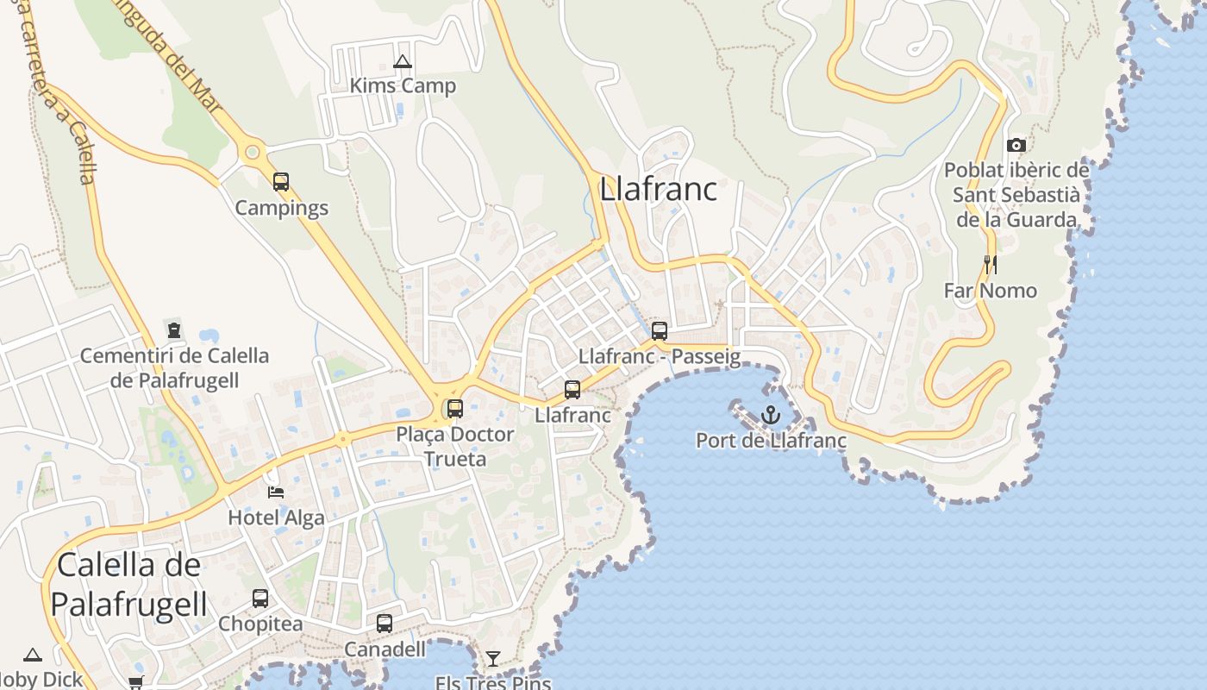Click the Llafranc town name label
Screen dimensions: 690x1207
658,189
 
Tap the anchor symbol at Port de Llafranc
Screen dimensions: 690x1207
771,416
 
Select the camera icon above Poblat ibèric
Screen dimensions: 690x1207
1016,145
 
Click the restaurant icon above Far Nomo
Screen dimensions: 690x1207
991,264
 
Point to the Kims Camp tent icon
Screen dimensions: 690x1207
402,61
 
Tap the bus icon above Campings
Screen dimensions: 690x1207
281,182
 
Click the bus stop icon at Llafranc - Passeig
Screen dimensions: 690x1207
660,330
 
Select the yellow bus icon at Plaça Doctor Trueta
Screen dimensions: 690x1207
454,408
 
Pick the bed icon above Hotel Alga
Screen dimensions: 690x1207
276,492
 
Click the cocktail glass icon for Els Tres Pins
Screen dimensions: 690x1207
492,659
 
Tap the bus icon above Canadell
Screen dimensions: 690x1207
385,623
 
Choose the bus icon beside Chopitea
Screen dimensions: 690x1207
260,598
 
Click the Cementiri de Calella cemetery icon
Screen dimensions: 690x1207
174,329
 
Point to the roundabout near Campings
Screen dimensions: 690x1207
252,153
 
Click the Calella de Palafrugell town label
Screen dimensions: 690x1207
129,585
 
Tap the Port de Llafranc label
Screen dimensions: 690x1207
771,441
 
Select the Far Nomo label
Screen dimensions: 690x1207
991,291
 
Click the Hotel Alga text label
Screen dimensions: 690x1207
276,517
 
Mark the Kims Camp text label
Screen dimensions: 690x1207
403,86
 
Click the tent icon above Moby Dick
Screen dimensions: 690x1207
33,655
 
